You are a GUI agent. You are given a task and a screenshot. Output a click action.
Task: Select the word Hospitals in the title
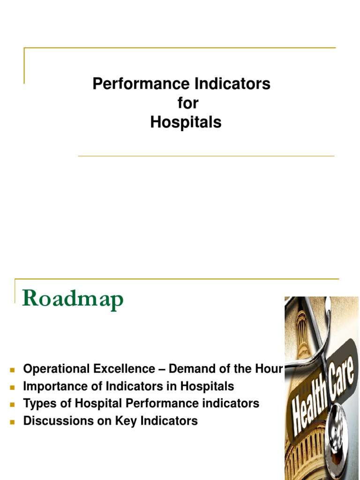tap(186, 122)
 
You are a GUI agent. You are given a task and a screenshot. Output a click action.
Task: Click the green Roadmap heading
tap(73, 299)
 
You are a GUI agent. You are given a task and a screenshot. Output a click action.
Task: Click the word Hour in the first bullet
tap(269, 369)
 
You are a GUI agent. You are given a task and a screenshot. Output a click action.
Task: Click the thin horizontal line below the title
tap(206, 156)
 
